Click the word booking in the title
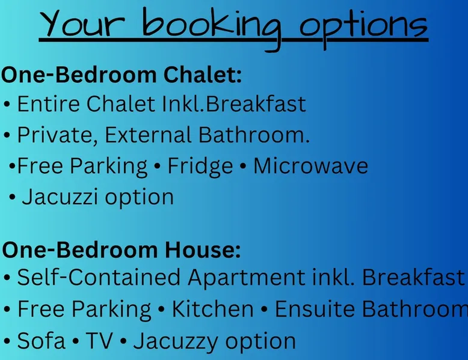click(x=211, y=29)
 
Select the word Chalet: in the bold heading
click(x=202, y=75)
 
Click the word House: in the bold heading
click(x=203, y=249)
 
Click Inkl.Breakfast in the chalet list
click(x=234, y=104)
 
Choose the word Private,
click(x=58, y=135)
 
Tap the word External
click(x=148, y=135)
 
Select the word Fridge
click(x=200, y=166)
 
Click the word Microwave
click(x=311, y=166)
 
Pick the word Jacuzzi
click(x=60, y=197)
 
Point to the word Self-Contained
click(x=99, y=277)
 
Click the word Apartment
click(x=247, y=278)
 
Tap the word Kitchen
click(x=212, y=309)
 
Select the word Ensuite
click(x=315, y=309)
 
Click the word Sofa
click(x=41, y=341)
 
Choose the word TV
click(x=99, y=341)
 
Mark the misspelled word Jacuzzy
click(x=176, y=341)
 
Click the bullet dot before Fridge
click(x=157, y=166)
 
